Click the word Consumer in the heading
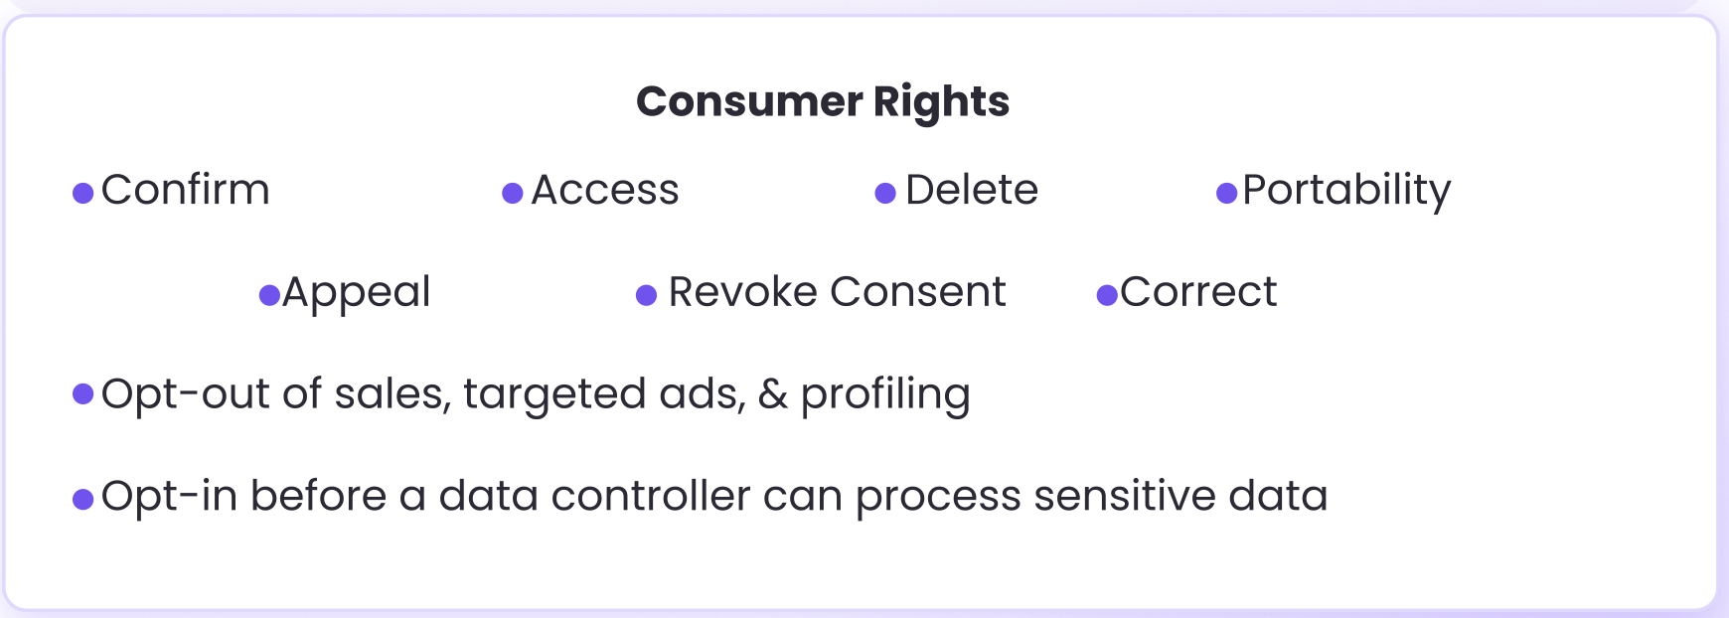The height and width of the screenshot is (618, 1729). click(x=749, y=101)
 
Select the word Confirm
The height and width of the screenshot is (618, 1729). click(x=185, y=190)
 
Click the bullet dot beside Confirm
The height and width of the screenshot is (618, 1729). click(x=83, y=193)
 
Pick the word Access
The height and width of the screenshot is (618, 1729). click(x=604, y=190)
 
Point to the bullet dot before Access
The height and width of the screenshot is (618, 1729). click(x=513, y=193)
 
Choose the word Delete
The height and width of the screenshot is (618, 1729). click(x=971, y=190)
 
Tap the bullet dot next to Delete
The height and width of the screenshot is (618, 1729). click(x=885, y=193)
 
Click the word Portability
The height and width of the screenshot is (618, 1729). click(x=1346, y=190)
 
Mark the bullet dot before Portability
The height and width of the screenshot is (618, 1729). click(x=1227, y=193)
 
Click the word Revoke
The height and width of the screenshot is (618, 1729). click(x=742, y=292)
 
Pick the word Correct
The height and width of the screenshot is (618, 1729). click(x=1198, y=292)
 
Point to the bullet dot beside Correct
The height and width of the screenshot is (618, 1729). click(x=1107, y=295)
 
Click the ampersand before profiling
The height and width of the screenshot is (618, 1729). click(x=773, y=394)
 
